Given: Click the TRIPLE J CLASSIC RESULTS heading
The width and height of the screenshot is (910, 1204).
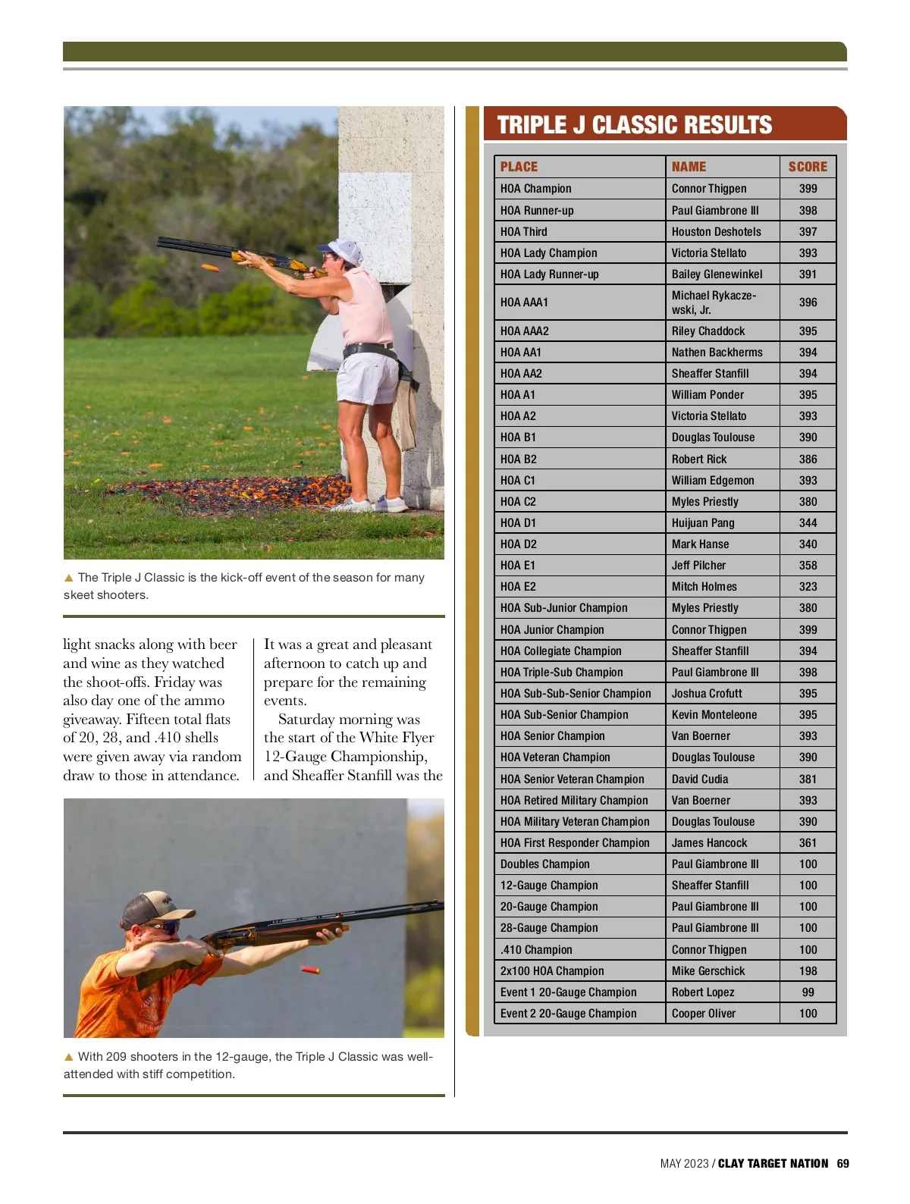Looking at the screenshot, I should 634,125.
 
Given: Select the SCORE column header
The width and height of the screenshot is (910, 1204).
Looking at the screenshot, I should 808,167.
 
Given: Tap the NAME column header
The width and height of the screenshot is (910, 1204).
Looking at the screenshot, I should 689,167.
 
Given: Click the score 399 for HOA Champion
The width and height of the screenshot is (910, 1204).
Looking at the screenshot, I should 808,189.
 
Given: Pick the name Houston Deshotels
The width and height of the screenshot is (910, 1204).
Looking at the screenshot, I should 716,232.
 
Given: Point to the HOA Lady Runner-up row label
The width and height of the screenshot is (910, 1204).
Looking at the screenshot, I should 549,274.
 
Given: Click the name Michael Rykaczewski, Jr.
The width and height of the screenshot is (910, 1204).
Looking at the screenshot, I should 714,302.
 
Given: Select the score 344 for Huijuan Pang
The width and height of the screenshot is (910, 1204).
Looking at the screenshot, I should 808,523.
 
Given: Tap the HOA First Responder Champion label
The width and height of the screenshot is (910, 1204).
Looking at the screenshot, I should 575,843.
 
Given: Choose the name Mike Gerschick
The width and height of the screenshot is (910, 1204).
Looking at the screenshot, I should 708,971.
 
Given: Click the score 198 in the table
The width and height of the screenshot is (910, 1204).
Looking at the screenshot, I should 808,971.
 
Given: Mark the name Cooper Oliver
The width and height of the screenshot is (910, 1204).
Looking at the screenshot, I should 703,1014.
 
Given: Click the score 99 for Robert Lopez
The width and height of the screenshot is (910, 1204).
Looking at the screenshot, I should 808,992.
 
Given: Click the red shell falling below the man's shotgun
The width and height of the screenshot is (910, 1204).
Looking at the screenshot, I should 309,970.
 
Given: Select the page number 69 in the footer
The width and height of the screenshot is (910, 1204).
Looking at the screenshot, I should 843,1164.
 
